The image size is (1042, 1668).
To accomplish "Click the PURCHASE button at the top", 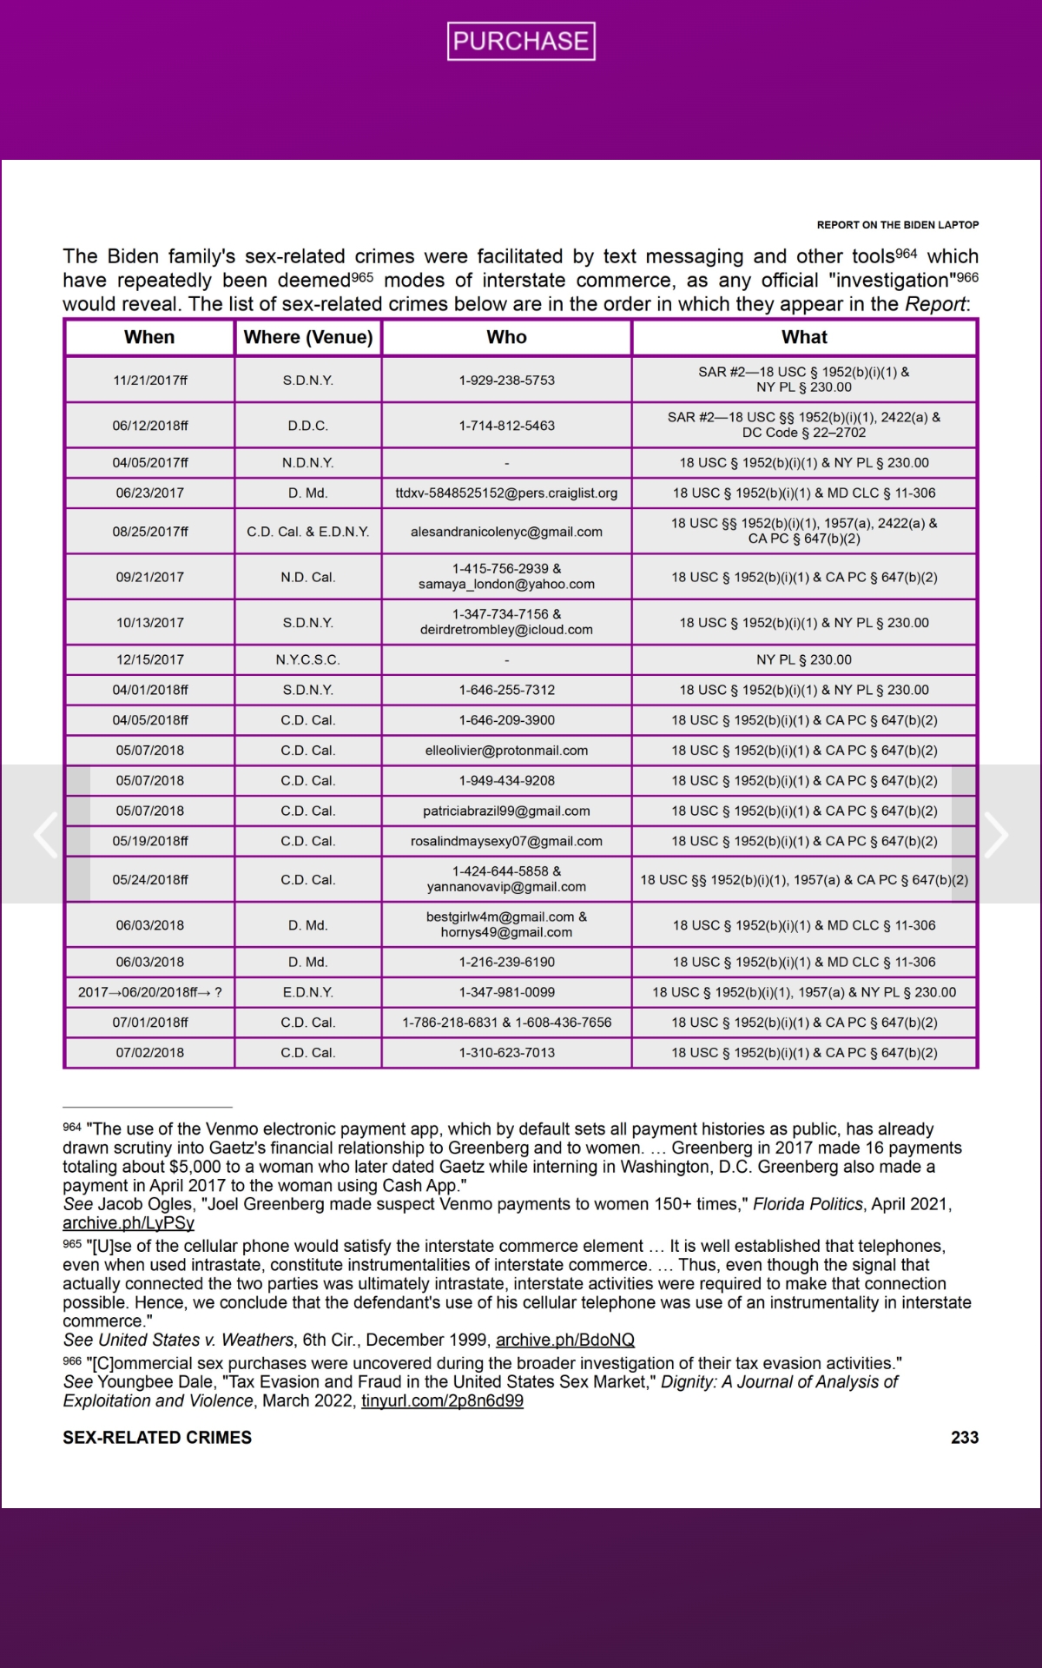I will tap(521, 41).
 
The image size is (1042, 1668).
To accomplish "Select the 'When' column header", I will tap(149, 337).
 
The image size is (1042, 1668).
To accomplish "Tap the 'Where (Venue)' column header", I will tap(308, 337).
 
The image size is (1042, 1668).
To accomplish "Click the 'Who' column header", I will tap(506, 337).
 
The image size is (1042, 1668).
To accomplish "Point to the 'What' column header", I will tap(804, 337).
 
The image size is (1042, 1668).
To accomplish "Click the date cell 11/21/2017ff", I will tap(149, 380).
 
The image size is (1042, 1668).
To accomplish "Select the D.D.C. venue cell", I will tap(308, 426).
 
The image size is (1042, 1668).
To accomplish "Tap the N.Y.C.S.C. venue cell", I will tap(308, 659).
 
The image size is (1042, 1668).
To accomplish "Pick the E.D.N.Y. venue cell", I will tap(308, 992).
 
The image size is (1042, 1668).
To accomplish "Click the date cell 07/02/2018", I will tap(149, 1052).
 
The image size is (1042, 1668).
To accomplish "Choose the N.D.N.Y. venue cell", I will tap(308, 462).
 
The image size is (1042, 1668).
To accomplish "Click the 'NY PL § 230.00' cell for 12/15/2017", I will tap(804, 659).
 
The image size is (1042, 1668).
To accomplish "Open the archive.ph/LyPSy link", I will tap(129, 1223).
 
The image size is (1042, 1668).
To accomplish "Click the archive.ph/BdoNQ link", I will tap(565, 1340).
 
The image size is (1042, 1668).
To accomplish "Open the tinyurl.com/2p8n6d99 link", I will tap(442, 1401).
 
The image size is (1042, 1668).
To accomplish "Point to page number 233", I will tap(965, 1438).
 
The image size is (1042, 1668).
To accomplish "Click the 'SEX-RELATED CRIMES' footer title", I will tap(157, 1438).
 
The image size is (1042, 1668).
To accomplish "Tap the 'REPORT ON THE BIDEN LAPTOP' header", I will tap(897, 225).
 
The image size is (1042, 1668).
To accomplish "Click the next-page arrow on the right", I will tap(996, 835).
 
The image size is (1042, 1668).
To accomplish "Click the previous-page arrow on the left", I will tap(45, 835).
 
